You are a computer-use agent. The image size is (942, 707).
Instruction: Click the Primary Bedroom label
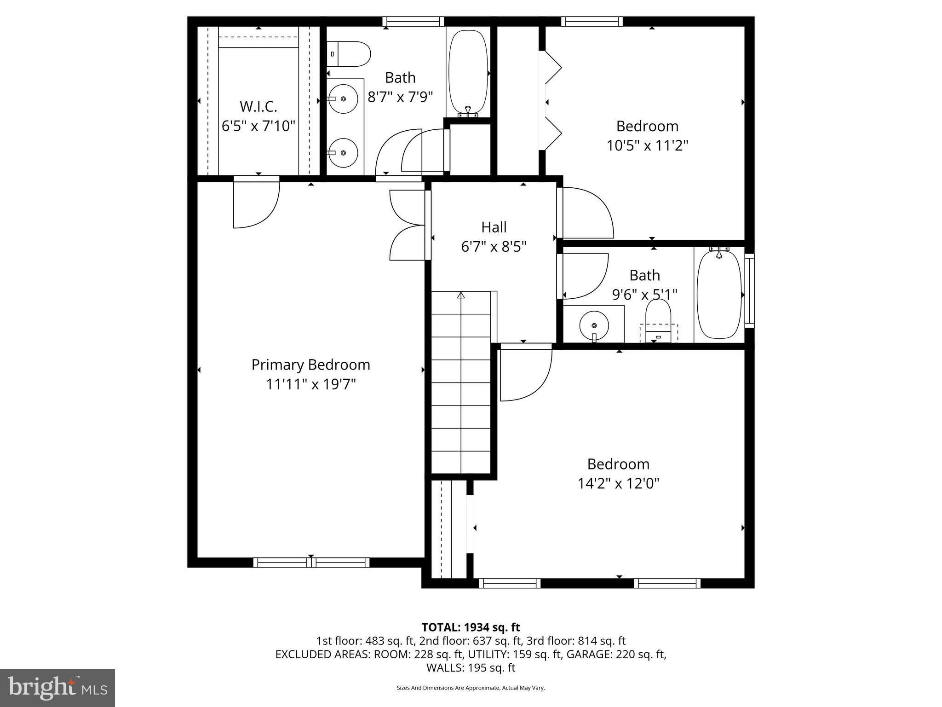click(x=310, y=365)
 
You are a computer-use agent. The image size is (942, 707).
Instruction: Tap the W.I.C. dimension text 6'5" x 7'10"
click(x=258, y=126)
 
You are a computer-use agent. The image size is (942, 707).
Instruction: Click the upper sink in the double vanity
click(x=343, y=99)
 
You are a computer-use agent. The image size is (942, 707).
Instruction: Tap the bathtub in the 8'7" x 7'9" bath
click(x=468, y=71)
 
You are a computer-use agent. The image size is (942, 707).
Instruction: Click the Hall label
click(x=494, y=227)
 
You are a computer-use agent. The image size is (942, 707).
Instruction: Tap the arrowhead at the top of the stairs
click(x=461, y=295)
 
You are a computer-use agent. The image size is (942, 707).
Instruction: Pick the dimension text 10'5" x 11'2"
click(x=647, y=145)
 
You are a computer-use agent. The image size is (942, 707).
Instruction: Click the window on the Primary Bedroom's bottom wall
click(x=311, y=562)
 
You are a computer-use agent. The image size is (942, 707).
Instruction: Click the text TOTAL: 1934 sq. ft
click(x=471, y=627)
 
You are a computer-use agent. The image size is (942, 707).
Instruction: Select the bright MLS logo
click(x=57, y=688)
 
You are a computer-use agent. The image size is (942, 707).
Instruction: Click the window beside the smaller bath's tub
click(x=749, y=290)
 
